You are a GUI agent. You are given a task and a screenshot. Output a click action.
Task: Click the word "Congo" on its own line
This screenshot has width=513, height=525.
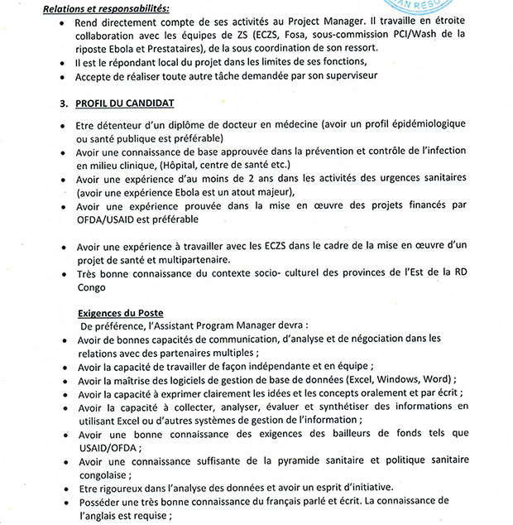[91, 287]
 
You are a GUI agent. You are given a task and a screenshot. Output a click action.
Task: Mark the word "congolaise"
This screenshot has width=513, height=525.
[108, 474]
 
